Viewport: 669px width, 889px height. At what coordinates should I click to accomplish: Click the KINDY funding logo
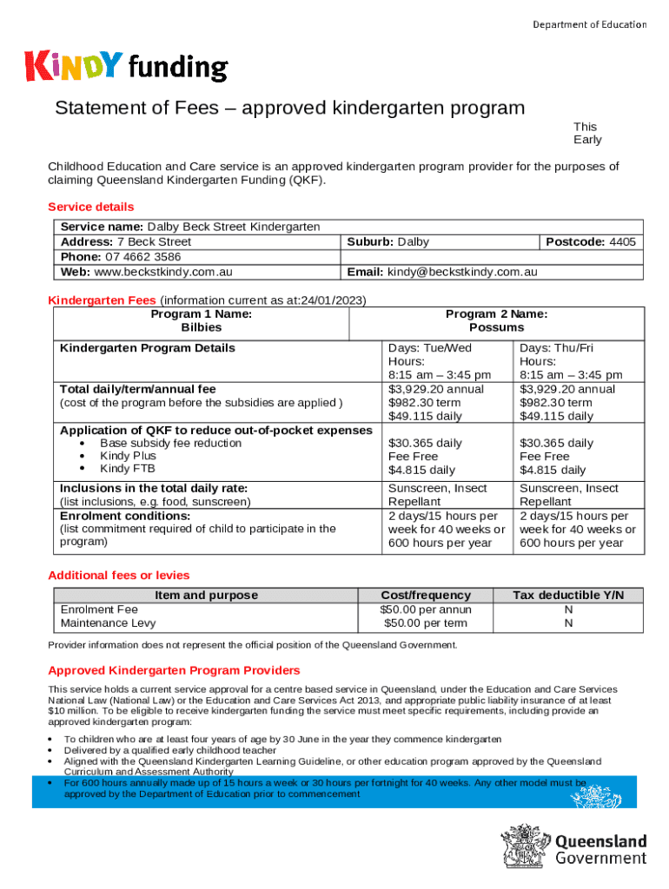coord(127,67)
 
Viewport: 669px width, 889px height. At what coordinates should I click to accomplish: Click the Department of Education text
coord(589,24)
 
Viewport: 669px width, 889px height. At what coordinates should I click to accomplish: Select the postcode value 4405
coord(622,241)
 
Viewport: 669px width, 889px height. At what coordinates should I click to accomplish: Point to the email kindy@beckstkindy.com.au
coord(462,272)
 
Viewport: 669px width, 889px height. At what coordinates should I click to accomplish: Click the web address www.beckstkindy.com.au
coord(162,272)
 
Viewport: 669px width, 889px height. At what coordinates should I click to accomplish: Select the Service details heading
coord(90,207)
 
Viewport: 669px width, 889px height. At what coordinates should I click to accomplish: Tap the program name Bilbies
coord(201,327)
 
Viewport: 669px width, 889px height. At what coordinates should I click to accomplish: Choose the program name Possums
coord(496,327)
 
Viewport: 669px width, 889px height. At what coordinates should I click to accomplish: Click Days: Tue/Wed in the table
coord(430,347)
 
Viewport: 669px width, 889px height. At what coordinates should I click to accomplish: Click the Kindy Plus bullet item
coord(128,456)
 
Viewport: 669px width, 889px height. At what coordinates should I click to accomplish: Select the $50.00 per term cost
coord(426,623)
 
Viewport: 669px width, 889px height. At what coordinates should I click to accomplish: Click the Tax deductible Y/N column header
coord(568,595)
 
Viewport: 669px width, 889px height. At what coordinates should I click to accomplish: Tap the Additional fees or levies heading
coord(118,575)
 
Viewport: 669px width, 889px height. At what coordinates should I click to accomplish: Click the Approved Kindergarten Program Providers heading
coord(174,670)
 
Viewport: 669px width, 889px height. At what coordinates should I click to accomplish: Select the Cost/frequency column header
coord(426,595)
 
